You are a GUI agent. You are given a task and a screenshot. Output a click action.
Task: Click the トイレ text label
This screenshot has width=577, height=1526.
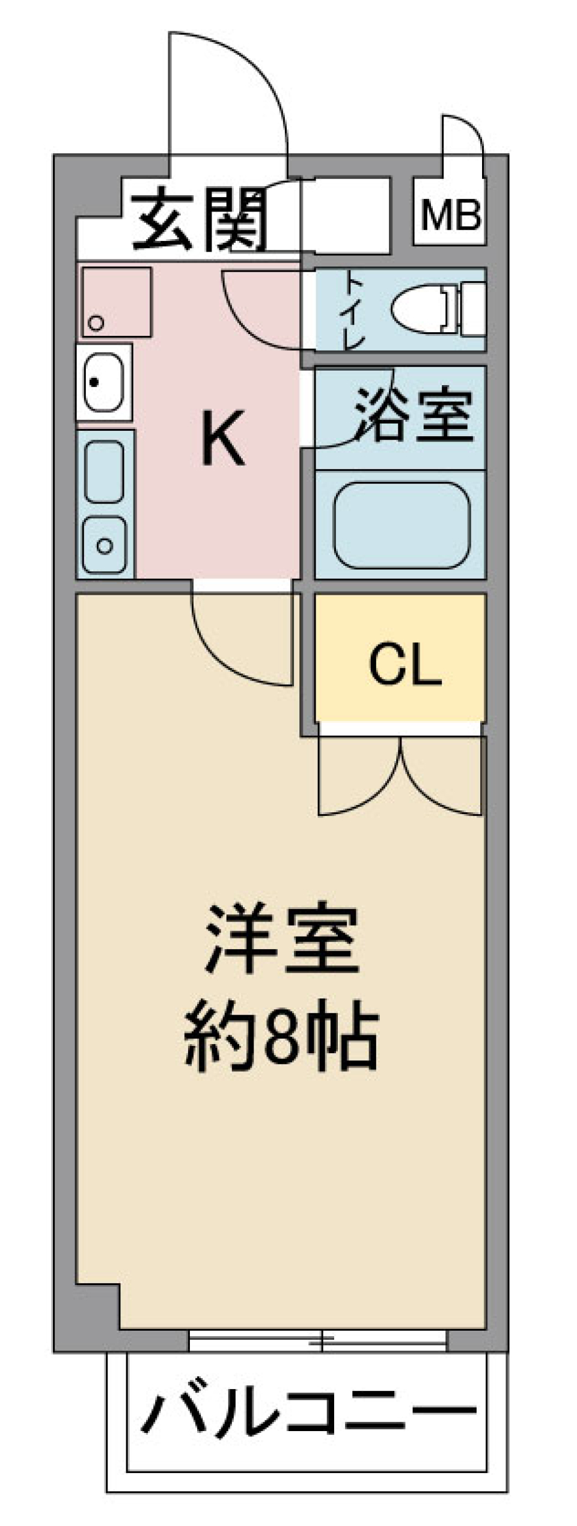coord(353,311)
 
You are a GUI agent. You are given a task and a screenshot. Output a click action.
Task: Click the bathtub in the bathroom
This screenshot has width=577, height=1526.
coord(401,524)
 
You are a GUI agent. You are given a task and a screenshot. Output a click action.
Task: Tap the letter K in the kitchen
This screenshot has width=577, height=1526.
coord(222,437)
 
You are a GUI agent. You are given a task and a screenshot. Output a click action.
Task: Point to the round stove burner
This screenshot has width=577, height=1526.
coord(105,546)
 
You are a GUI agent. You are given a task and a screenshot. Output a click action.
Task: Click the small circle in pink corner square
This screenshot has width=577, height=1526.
coord(96,323)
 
